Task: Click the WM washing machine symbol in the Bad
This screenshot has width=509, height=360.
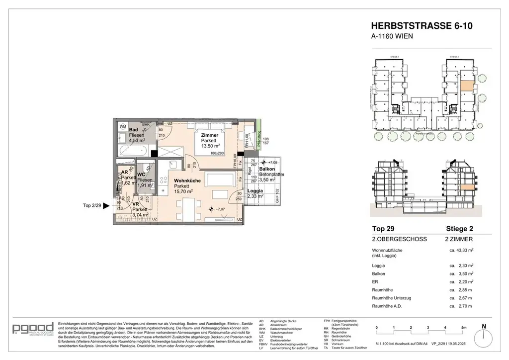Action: (122, 127)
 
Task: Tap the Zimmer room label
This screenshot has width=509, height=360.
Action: (209, 135)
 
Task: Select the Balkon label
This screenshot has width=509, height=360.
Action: (266, 169)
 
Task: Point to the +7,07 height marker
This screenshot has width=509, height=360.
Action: (217, 209)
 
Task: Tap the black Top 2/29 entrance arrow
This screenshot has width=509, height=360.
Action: (105, 205)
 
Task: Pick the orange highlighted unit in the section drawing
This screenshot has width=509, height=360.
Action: (466, 188)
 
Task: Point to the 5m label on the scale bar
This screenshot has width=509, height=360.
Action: (463, 327)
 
